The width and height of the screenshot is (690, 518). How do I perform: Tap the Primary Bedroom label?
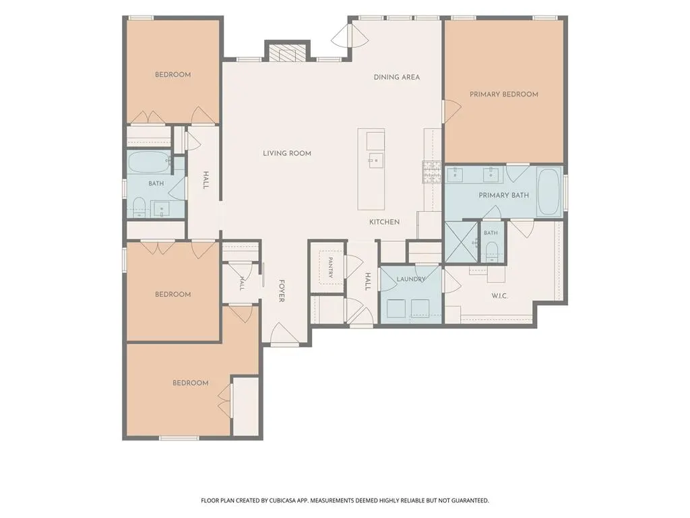pyautogui.click(x=504, y=94)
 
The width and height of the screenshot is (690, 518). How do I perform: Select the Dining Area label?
pyautogui.click(x=396, y=77)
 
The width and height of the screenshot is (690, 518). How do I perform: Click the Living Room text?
pyautogui.click(x=287, y=153)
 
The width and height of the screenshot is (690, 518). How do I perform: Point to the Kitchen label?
pyautogui.click(x=384, y=222)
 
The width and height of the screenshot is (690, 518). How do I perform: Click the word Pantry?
pyautogui.click(x=330, y=267)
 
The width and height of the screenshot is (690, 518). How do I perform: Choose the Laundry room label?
pyautogui.click(x=411, y=279)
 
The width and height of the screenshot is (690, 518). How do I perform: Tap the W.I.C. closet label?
pyautogui.click(x=499, y=296)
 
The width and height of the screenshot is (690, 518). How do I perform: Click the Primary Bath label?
pyautogui.click(x=504, y=195)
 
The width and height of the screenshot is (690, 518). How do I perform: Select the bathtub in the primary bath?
pyautogui.click(x=548, y=192)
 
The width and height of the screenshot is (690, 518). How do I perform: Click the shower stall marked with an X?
pyautogui.click(x=461, y=243)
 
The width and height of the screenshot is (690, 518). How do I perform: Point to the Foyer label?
pyautogui.click(x=282, y=291)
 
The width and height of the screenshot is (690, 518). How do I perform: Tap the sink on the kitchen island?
pyautogui.click(x=375, y=161)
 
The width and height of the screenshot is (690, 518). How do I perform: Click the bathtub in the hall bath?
pyautogui.click(x=149, y=162)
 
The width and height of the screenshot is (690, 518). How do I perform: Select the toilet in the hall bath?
pyautogui.click(x=139, y=207)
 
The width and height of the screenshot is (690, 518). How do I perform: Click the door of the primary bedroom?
pyautogui.click(x=451, y=111)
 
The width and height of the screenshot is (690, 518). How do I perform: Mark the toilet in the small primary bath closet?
pyautogui.click(x=491, y=253)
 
